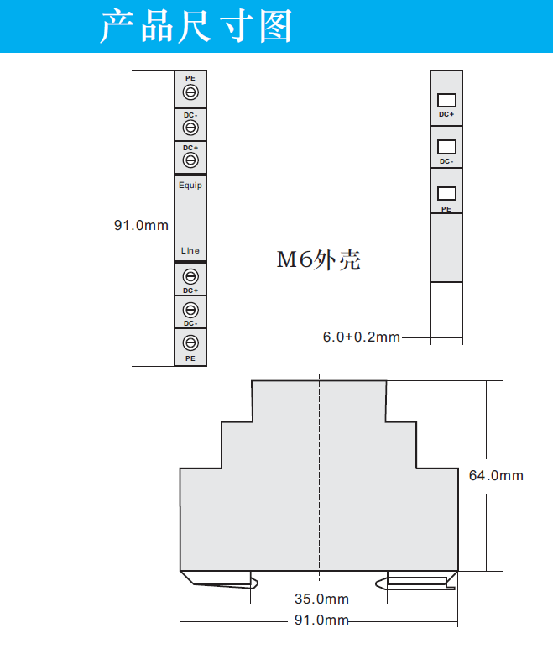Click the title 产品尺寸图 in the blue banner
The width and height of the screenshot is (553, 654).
[196, 26]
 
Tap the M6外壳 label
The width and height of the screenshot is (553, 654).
[319, 260]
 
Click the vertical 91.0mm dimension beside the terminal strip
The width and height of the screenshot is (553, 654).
[141, 225]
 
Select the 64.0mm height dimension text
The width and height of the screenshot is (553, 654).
[495, 475]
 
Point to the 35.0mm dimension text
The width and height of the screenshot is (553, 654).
[321, 599]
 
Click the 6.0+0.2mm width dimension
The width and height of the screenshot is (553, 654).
[362, 337]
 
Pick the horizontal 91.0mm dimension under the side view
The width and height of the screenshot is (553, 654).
[321, 620]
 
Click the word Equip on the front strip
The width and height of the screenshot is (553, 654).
[190, 185]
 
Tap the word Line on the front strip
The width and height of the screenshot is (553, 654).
[190, 251]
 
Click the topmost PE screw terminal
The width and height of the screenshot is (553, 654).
[190, 92]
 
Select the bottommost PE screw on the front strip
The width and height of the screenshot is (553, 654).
[190, 343]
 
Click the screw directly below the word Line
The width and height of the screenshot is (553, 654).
[190, 276]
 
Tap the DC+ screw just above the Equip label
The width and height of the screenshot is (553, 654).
[190, 160]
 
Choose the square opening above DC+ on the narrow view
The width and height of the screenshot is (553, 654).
[446, 100]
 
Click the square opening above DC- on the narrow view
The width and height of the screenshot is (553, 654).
[446, 147]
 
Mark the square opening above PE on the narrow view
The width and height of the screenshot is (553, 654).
[446, 194]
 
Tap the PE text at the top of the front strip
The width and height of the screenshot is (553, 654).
[190, 77]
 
